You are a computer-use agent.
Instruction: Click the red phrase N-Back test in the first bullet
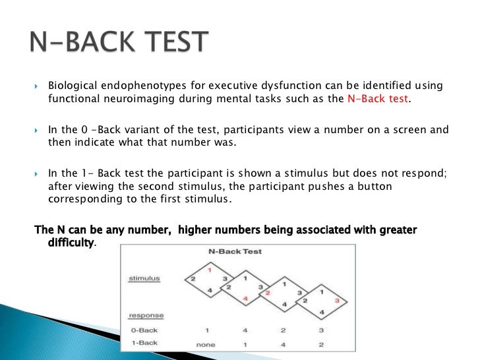pyautogui.click(x=378, y=100)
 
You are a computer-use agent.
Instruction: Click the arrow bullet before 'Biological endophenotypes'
pyautogui.click(x=37, y=87)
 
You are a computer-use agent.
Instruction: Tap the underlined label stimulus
pyautogui.click(x=144, y=279)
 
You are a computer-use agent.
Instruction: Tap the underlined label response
pyautogui.click(x=146, y=316)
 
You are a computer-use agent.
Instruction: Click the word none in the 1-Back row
pyautogui.click(x=206, y=344)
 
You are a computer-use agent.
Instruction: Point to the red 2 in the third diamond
pyautogui.click(x=268, y=292)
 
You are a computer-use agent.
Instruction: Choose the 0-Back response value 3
pyautogui.click(x=320, y=330)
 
